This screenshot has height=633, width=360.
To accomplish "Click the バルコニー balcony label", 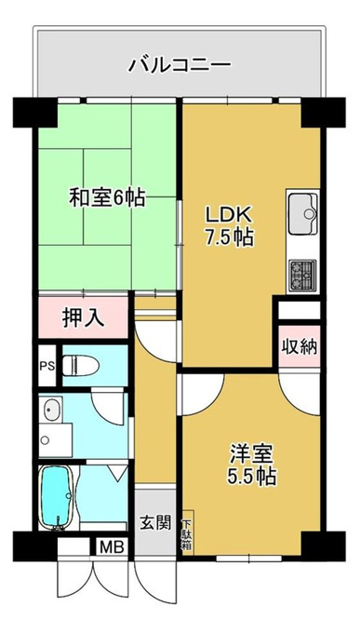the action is pos(180,64).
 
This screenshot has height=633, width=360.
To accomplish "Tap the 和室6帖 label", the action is pos(107,197).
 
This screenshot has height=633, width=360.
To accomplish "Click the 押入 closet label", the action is pos(84,318).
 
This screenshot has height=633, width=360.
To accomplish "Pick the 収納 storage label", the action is pos(300,346).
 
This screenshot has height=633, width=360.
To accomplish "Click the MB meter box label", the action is pos(113,547).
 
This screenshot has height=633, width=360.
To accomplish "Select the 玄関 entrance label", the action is pos(155,523).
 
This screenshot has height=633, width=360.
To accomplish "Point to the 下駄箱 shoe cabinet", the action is pos(188,532).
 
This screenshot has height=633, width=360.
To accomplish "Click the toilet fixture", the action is pos(82,365).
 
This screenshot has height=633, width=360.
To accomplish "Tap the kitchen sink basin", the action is pos(303,213).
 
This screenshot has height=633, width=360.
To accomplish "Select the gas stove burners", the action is pos(302,276).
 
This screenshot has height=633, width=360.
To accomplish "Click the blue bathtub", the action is pos(57,497).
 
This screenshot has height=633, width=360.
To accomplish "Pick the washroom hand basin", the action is pos(51,409).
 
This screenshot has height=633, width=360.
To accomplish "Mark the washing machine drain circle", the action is pos(46,440).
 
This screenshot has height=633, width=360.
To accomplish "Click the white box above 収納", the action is pos(300,310).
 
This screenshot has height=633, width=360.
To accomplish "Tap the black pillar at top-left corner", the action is pos(35,113).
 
